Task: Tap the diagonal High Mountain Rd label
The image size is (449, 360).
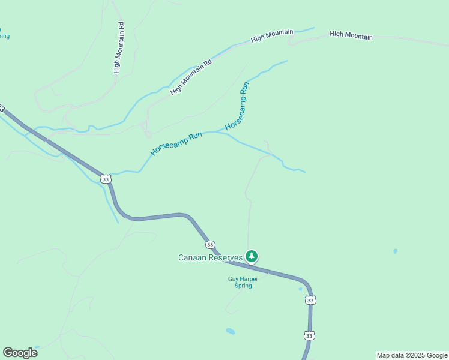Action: (191, 77)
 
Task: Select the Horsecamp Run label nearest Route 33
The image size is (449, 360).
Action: (176, 145)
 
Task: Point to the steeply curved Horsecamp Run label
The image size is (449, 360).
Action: (237, 107)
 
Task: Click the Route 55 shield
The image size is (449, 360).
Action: (209, 245)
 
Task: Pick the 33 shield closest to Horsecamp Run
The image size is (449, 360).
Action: (106, 179)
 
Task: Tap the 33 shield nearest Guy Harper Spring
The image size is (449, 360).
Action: (309, 300)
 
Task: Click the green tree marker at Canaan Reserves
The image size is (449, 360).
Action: (252, 257)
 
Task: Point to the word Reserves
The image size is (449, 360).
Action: (228, 258)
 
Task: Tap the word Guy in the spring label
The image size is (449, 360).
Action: (233, 278)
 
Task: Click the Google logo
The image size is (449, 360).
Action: (20, 353)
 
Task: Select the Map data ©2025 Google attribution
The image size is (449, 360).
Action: (412, 355)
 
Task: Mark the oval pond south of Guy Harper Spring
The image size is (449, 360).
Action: (230, 331)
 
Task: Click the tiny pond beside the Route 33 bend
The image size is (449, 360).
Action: (300, 289)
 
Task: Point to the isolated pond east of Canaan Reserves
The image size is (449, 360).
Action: (395, 251)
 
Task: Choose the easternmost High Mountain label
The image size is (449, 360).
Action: (351, 36)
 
